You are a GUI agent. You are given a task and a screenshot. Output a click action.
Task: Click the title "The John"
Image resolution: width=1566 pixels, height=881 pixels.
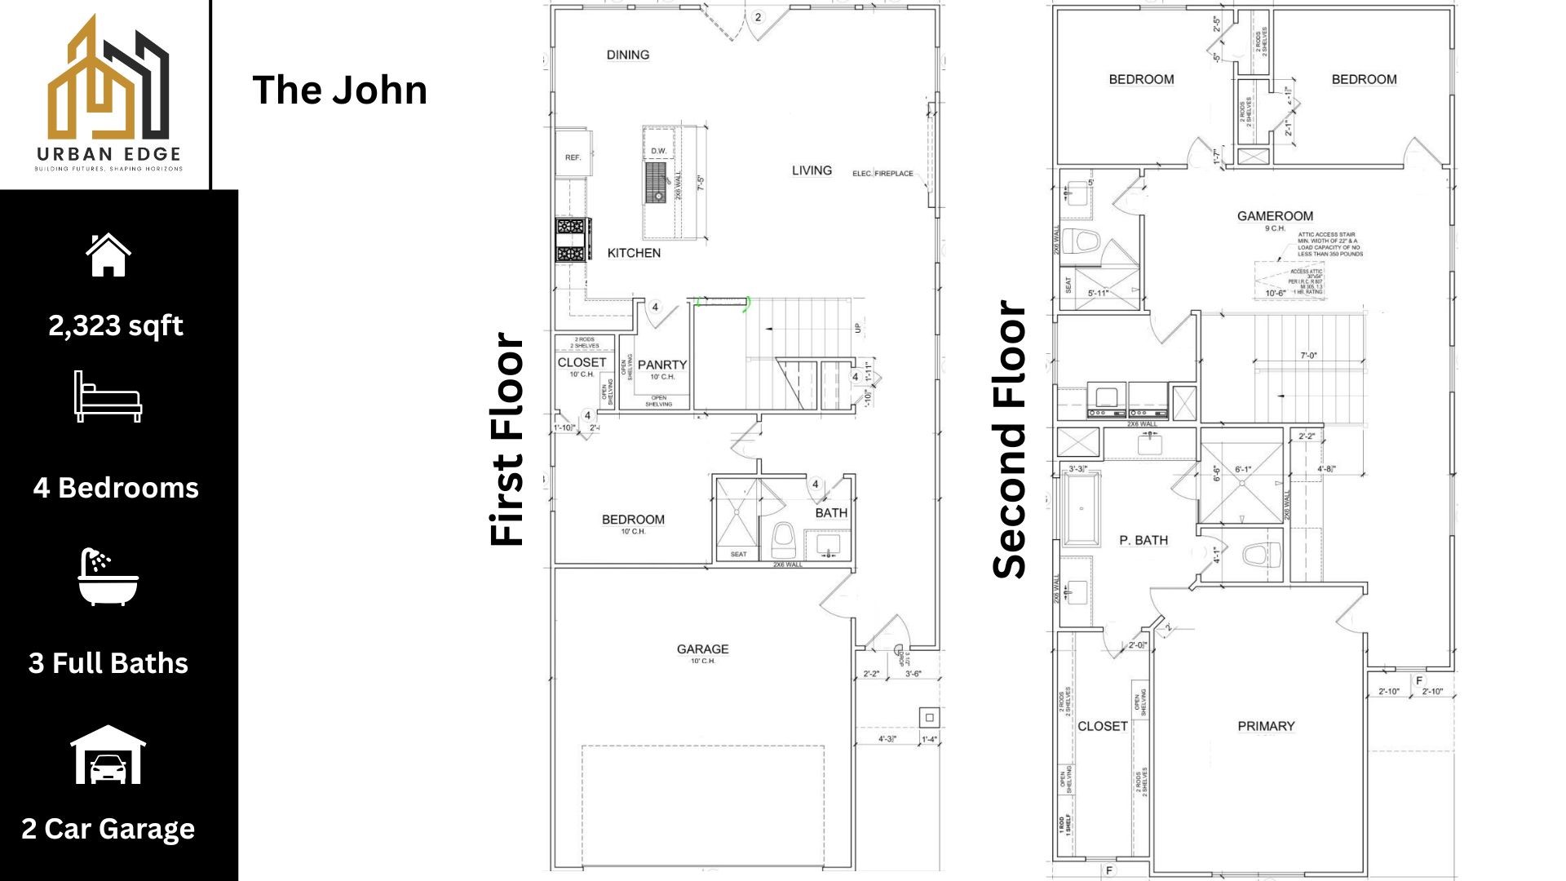[x=339, y=90]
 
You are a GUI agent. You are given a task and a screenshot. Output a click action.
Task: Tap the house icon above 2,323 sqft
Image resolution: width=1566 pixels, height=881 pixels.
[x=108, y=255]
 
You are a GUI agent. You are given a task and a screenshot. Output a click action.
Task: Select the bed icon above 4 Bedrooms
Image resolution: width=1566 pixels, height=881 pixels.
[x=108, y=396]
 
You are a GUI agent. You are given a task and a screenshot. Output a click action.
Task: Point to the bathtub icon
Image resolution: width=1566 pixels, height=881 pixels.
[x=108, y=577]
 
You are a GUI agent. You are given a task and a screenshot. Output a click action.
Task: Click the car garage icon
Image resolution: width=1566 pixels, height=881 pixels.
[x=108, y=755]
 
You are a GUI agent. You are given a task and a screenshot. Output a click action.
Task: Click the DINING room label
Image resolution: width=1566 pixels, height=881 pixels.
[x=627, y=55]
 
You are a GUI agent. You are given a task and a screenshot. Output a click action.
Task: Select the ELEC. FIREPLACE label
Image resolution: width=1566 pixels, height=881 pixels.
[x=883, y=174]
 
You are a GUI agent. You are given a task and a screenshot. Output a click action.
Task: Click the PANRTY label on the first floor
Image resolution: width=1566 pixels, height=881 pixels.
[x=661, y=365]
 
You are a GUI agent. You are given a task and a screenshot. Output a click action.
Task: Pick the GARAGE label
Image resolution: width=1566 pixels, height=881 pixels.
[x=702, y=649]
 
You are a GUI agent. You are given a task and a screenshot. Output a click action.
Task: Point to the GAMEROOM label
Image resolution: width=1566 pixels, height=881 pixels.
[x=1275, y=216]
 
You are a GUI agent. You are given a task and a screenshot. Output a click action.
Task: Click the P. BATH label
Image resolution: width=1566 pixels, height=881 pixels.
[x=1143, y=540]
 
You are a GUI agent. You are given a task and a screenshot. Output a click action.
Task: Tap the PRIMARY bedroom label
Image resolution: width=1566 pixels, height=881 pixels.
[x=1266, y=726]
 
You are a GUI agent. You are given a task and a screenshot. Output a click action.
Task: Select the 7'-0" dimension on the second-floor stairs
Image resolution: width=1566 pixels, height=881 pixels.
[x=1308, y=356]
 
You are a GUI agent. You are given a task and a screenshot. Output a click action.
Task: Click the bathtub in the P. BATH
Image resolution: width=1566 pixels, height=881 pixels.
[x=1082, y=508]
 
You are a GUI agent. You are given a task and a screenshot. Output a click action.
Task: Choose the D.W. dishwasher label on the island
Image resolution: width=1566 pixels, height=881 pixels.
[x=658, y=151]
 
